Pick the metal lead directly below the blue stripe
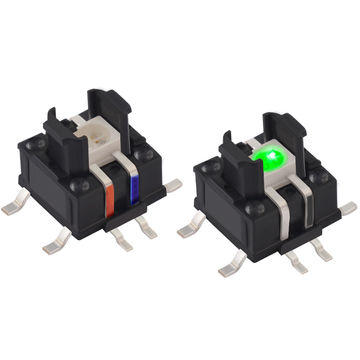coord(149,229)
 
